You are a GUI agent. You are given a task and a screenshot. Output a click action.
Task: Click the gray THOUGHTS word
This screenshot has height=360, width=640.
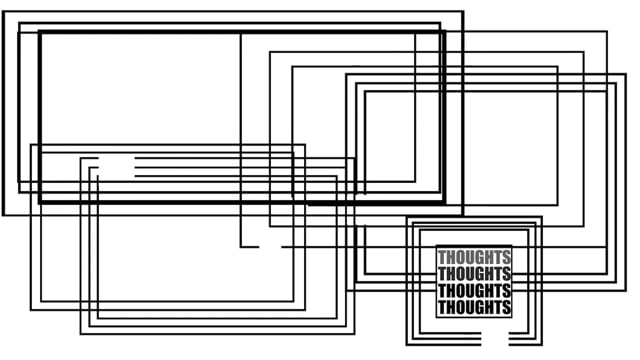click(474, 258)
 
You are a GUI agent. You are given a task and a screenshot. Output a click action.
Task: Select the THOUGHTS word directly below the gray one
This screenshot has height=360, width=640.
click(474, 273)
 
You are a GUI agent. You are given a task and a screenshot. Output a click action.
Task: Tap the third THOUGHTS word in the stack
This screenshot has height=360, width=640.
click(474, 290)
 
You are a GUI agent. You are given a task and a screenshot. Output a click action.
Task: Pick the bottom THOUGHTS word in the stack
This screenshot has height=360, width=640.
click(474, 307)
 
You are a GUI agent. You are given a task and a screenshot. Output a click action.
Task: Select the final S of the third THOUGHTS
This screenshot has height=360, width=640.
click(507, 290)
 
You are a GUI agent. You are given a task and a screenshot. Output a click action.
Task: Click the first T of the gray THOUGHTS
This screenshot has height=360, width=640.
click(442, 258)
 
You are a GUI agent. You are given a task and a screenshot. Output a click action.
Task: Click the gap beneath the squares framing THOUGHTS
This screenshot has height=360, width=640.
click(495, 339)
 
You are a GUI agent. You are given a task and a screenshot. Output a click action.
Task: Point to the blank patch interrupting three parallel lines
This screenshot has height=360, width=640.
click(116, 167)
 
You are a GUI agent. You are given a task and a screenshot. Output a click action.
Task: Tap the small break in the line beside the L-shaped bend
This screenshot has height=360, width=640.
click(270, 247)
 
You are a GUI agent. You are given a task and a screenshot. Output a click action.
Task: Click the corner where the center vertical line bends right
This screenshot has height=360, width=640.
click(241, 247)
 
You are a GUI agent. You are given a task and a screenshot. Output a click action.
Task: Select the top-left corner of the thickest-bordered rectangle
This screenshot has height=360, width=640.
click(40, 32)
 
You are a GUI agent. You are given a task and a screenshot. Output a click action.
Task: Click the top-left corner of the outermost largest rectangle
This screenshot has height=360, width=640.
click(3, 12)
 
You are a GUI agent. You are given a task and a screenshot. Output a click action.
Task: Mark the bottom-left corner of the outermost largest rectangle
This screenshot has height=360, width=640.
click(3, 215)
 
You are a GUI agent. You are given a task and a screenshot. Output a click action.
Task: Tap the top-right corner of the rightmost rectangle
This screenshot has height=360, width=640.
click(626, 74)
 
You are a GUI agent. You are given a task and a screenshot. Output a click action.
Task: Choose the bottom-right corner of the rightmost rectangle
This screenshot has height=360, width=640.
click(626, 290)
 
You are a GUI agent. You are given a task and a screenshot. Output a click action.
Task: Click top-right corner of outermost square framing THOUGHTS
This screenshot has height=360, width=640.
click(542, 217)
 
